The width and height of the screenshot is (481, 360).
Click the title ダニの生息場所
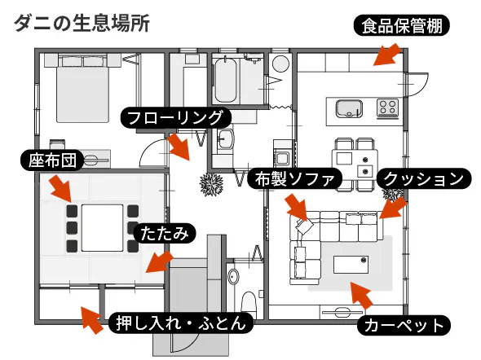pyautogui.click(x=82, y=24)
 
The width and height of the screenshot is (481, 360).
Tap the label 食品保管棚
pyautogui.click(x=402, y=26)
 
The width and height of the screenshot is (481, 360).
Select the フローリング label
pyautogui.click(x=175, y=117)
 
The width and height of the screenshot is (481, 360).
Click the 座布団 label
pyautogui.click(x=52, y=160)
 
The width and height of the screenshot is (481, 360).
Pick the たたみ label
pyautogui.click(x=165, y=234)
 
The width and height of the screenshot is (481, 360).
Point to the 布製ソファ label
pyautogui.click(x=294, y=179)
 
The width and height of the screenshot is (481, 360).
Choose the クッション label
pyautogui.click(x=424, y=178)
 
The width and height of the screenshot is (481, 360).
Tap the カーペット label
pyautogui.click(x=404, y=325)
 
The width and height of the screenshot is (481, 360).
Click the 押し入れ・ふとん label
pyautogui.click(x=181, y=323)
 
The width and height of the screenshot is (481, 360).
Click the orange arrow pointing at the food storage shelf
pyautogui.click(x=387, y=55)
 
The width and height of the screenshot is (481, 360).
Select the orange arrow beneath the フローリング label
pyautogui.click(x=179, y=147)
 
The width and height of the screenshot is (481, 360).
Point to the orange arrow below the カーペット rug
pyautogui.click(x=361, y=296)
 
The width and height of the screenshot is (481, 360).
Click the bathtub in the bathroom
pyautogui.click(x=226, y=81)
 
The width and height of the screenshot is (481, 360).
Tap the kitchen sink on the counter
pyautogui.click(x=349, y=108)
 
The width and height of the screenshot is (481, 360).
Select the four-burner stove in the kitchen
pyautogui.click(x=388, y=108)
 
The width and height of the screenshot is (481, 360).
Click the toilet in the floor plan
pyautogui.click(x=248, y=303)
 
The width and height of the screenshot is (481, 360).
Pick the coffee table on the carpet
pyautogui.click(x=351, y=265)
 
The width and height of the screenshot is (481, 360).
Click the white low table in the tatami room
pyautogui.click(x=103, y=227)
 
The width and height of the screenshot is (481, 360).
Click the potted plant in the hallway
pyautogui.click(x=211, y=184)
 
